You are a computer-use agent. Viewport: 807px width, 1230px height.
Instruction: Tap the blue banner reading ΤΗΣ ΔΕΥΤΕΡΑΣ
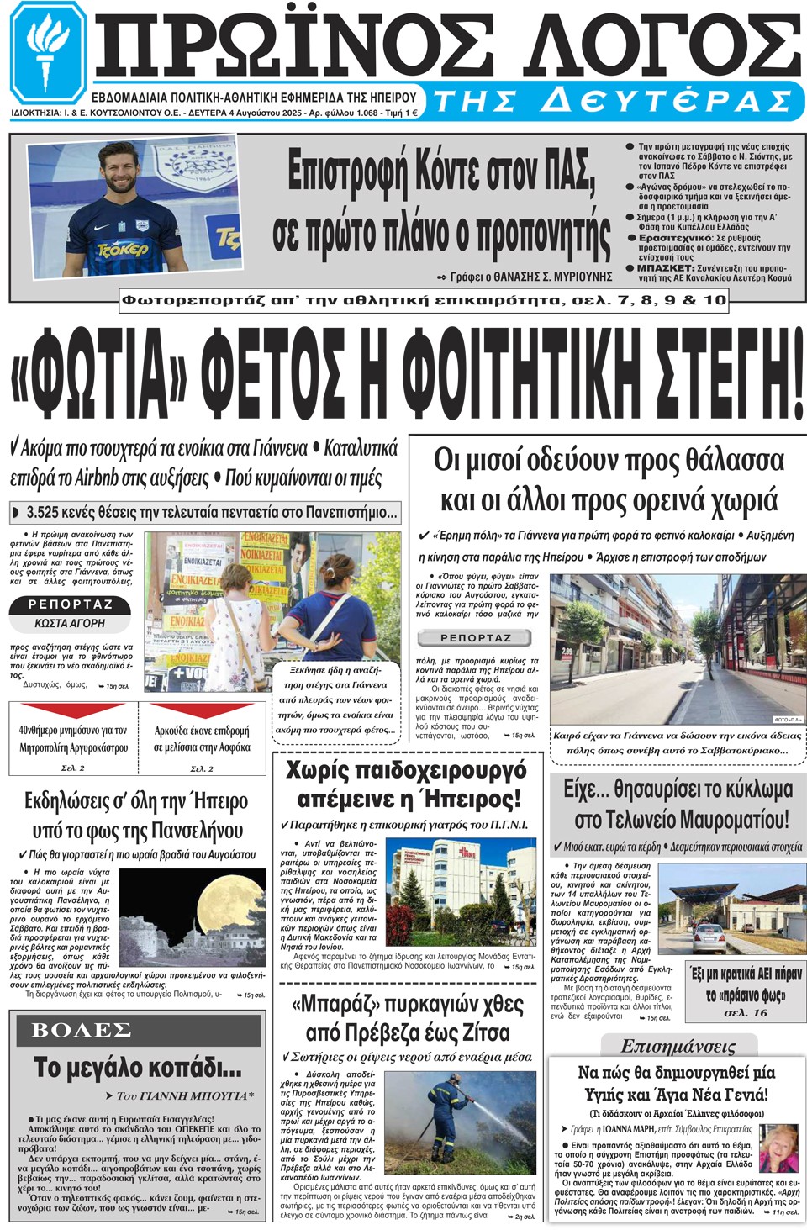click(x=612, y=101)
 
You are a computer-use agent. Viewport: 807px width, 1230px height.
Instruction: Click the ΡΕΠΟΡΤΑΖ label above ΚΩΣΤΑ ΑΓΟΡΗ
click(x=71, y=604)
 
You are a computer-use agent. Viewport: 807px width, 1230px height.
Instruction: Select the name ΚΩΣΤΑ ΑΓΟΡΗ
click(x=71, y=624)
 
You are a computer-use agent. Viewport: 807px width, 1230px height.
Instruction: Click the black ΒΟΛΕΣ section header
click(x=82, y=1031)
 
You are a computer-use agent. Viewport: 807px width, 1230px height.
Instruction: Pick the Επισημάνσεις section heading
click(x=678, y=1047)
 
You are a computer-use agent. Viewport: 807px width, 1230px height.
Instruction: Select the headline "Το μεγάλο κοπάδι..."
click(x=138, y=1068)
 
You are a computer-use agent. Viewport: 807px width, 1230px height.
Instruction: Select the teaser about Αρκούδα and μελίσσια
click(x=202, y=739)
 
